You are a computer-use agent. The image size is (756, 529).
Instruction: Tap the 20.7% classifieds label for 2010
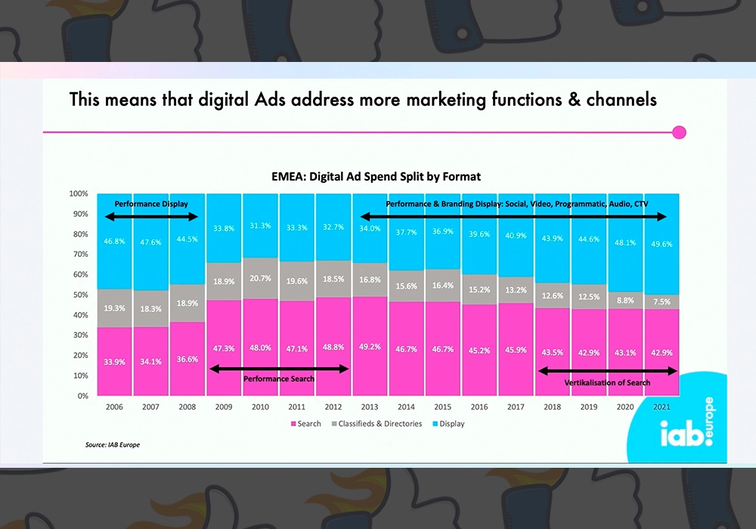[260, 279]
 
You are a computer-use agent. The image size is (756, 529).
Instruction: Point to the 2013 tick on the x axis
[369, 407]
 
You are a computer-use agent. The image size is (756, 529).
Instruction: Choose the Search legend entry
[305, 424]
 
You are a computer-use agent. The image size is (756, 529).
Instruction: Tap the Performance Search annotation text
[279, 378]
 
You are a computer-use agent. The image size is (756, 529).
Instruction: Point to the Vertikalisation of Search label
[607, 382]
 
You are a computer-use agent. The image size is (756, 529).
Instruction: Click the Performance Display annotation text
[151, 204]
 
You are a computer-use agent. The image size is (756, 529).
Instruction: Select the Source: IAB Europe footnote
[112, 445]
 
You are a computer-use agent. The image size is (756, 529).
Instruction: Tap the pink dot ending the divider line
[679, 133]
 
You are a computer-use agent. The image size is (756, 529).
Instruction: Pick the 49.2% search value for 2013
[369, 348]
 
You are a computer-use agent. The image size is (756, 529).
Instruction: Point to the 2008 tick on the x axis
[187, 407]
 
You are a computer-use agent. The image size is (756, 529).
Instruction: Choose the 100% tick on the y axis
[79, 193]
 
